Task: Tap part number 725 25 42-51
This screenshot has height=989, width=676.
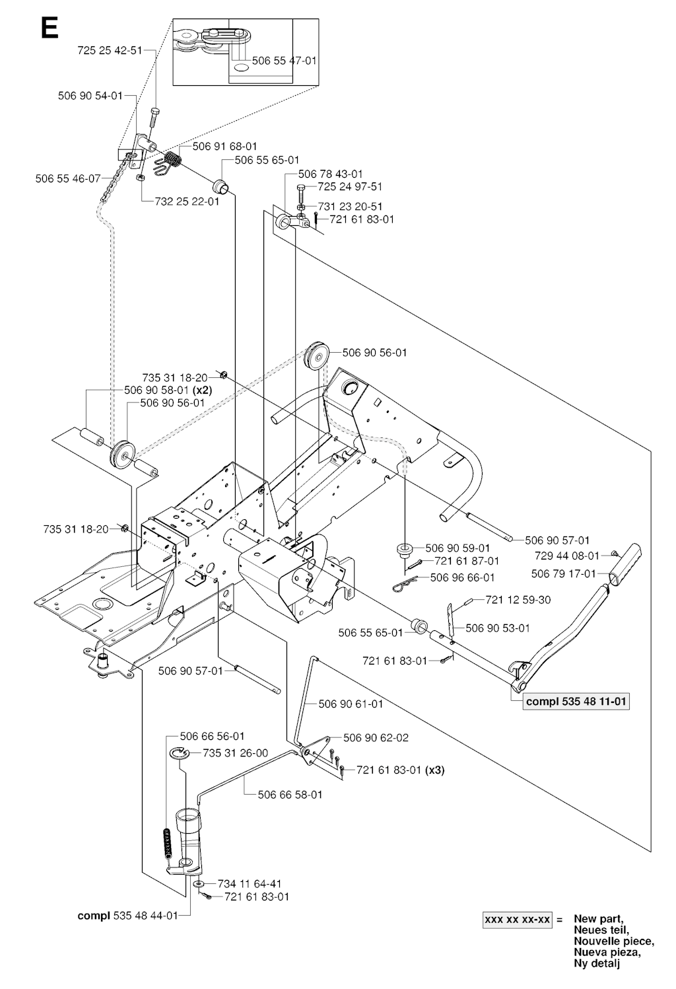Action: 110,50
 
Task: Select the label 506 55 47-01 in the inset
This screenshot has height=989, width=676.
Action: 285,60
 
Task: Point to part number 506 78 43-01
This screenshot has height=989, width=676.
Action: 331,174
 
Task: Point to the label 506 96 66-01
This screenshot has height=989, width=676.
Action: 462,577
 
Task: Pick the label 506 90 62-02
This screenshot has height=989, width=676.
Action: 376,738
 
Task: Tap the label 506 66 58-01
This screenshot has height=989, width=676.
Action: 290,794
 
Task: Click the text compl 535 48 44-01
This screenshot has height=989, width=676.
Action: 127,916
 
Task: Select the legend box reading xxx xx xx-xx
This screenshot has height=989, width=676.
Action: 518,920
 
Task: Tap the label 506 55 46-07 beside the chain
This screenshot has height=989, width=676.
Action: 68,178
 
